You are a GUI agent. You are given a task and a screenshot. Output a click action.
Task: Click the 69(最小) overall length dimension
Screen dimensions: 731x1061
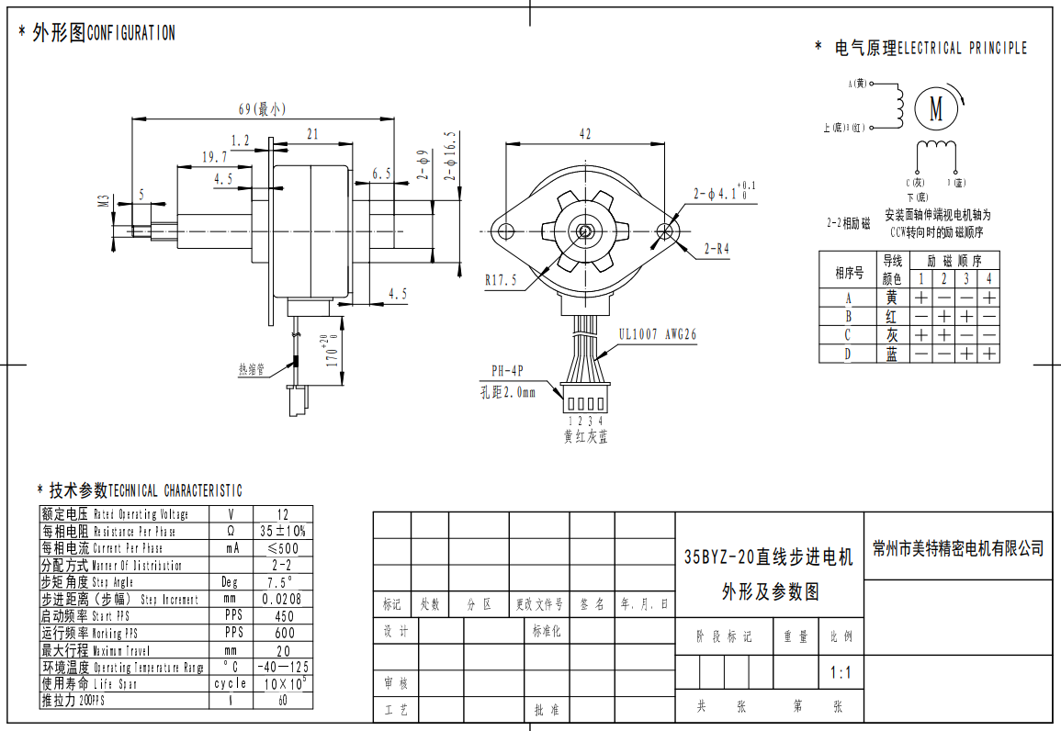[x=262, y=108]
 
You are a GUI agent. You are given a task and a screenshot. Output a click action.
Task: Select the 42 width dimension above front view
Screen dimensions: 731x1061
[x=584, y=134]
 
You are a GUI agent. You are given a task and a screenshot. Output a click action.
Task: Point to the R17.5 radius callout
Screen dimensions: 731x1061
[x=501, y=280]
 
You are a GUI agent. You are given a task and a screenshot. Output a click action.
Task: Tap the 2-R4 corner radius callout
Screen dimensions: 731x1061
[x=717, y=248]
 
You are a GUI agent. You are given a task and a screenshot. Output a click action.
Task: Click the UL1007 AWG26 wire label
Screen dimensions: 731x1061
[x=657, y=335]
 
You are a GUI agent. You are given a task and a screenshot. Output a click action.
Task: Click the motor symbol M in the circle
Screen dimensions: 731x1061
[x=936, y=107]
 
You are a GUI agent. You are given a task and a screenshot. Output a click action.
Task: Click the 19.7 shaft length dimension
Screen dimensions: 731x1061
[x=214, y=157]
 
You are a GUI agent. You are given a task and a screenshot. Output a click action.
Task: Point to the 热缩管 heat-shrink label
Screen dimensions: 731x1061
[x=251, y=370]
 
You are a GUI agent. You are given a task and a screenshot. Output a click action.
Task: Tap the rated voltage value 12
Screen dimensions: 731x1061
[x=282, y=514]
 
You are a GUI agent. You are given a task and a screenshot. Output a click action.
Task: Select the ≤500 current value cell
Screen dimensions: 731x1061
[x=282, y=548]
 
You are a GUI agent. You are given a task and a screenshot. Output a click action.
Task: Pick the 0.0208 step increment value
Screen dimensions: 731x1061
[x=282, y=599]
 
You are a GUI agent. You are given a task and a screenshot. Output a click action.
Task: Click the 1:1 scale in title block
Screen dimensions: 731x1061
[x=841, y=673]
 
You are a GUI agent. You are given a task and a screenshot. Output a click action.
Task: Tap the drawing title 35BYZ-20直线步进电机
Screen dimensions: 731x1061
[x=768, y=557]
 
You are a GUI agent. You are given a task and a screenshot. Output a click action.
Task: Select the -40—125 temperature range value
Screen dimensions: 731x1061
[x=282, y=667]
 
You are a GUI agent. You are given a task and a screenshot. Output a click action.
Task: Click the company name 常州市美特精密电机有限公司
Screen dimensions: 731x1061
[x=958, y=548]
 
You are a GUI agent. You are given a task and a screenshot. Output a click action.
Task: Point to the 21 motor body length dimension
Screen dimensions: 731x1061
[x=312, y=134]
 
